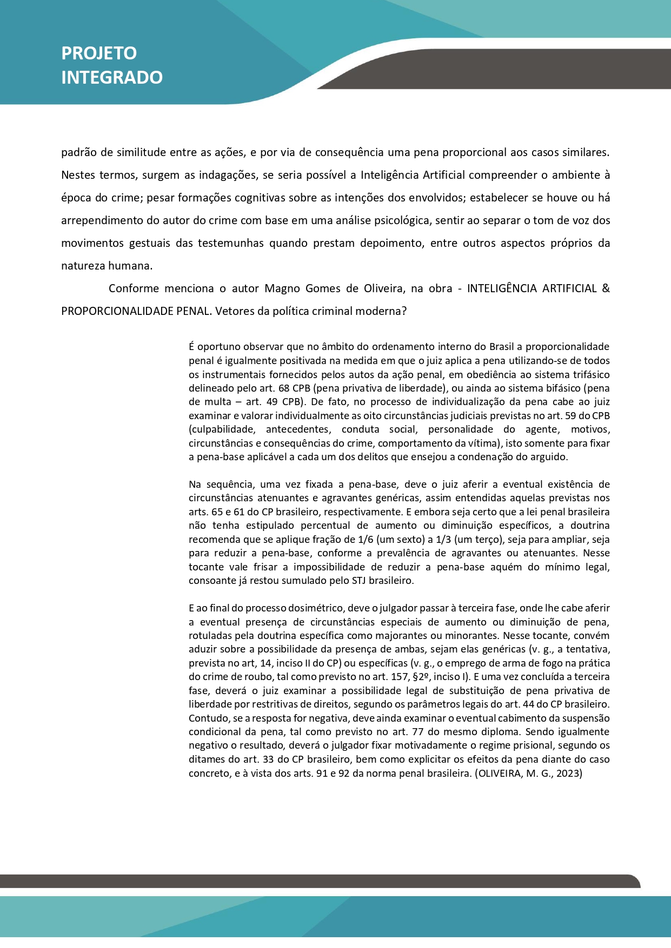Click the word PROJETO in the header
tap(99, 53)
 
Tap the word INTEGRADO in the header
tap(112, 77)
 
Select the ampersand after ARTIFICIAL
tap(606, 288)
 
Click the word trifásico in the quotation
tap(589, 374)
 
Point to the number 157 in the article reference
tap(400, 677)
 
